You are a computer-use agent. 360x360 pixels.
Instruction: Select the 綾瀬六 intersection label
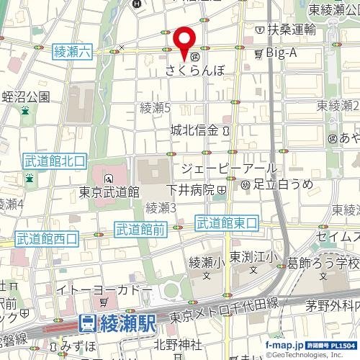coord(72,51)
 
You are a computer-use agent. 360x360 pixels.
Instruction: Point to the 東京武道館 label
coord(109,192)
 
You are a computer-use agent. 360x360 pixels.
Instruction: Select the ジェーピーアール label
coord(225,168)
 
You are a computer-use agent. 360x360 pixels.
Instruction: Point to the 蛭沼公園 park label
coord(25,96)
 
